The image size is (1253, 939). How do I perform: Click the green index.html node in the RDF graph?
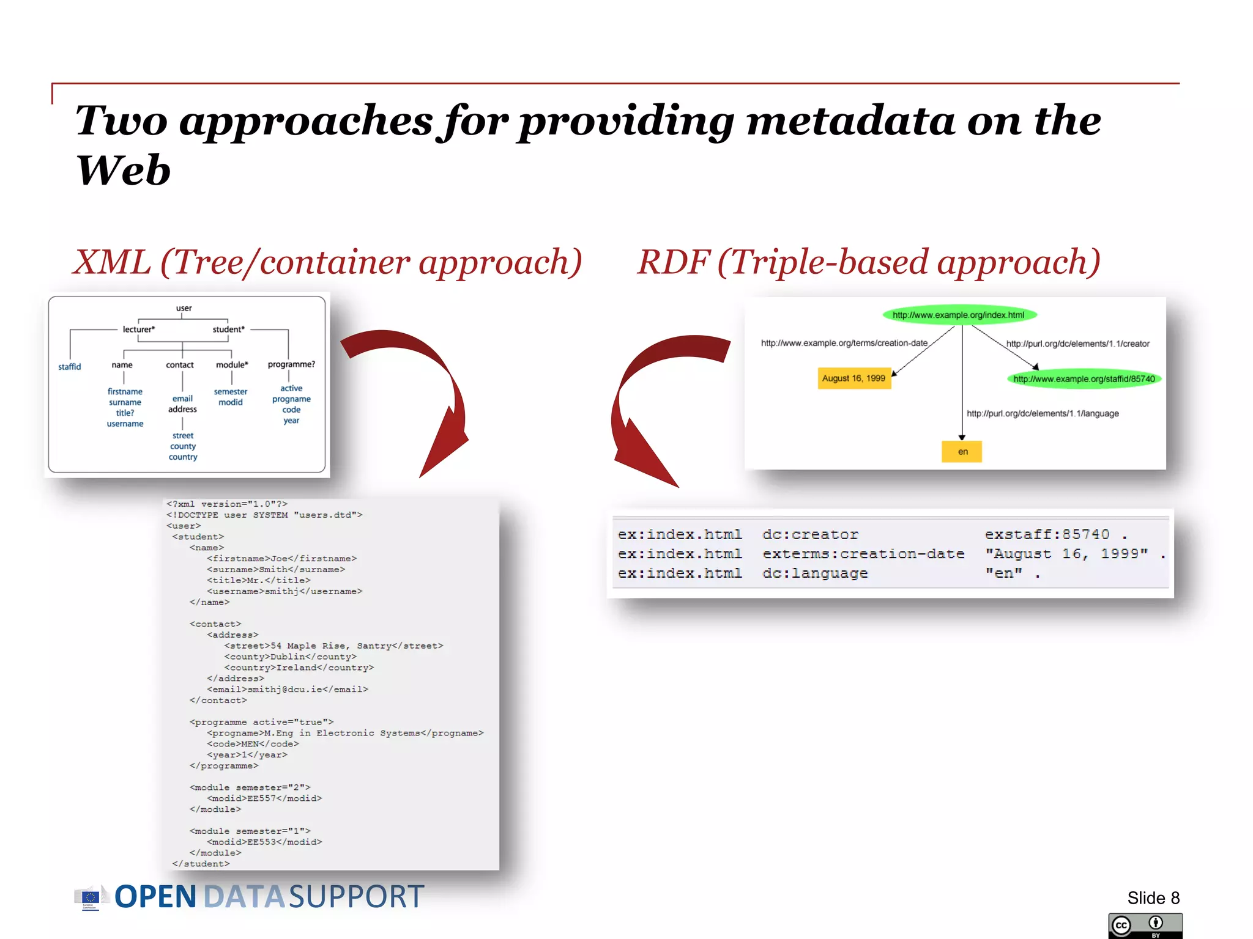[958, 315]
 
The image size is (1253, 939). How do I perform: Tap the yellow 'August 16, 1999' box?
[853, 378]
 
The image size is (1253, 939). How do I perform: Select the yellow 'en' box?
[962, 452]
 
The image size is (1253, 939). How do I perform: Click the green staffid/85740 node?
[1084, 379]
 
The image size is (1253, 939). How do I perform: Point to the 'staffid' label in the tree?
[69, 367]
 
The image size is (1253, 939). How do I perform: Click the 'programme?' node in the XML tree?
[291, 364]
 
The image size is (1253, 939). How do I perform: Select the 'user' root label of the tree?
[184, 308]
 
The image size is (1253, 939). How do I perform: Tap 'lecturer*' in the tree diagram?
[139, 330]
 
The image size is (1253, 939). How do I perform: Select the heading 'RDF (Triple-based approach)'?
[869, 262]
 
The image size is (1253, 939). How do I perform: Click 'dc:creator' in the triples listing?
[810, 535]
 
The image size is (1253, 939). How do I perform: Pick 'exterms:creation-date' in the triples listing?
[863, 554]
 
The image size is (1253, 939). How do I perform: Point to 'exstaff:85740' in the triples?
[1047, 535]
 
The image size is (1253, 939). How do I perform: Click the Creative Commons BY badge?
[1145, 926]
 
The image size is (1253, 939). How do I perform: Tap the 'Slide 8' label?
[1153, 898]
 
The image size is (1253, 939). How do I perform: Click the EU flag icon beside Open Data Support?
[90, 897]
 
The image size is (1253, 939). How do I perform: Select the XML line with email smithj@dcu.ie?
[288, 690]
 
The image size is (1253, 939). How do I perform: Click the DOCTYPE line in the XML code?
[264, 515]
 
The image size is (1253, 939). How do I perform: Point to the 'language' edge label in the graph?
[1043, 414]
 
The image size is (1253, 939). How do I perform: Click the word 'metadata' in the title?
[850, 121]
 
